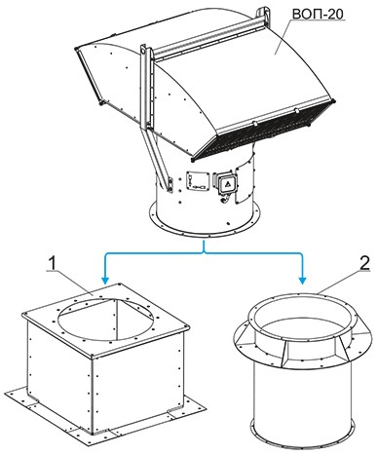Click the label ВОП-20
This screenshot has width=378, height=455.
pyautogui.click(x=318, y=15)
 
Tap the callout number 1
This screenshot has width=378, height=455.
pyautogui.click(x=52, y=263)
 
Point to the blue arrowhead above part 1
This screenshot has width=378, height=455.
pyautogui.click(x=105, y=280)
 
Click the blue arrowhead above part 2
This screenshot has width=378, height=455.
pyautogui.click(x=303, y=280)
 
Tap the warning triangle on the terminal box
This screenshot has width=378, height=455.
pyautogui.click(x=227, y=184)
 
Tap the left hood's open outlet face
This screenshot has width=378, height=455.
pyautogui.click(x=89, y=76)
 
